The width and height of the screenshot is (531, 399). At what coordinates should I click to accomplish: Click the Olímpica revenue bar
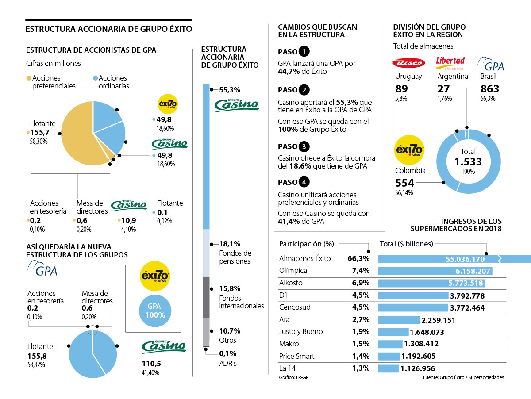(435, 271)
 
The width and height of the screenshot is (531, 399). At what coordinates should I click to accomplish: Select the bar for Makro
(390, 344)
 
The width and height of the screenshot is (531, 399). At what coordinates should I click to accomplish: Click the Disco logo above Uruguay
(408, 63)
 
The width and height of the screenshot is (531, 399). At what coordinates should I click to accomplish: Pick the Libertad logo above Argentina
(450, 61)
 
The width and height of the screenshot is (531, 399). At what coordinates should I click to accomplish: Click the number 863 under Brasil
(489, 88)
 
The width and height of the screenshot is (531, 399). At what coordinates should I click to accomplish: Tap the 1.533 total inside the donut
(468, 162)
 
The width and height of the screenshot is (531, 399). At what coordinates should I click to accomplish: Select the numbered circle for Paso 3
(304, 146)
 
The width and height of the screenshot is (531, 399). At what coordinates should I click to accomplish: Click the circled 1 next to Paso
(304, 52)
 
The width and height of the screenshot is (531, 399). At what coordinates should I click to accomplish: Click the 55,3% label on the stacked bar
(230, 90)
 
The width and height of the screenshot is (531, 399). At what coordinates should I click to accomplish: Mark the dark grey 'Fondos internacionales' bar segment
(206, 297)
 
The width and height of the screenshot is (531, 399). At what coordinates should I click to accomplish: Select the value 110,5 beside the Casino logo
(150, 363)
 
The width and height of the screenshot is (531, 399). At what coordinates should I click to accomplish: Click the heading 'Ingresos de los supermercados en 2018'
(456, 225)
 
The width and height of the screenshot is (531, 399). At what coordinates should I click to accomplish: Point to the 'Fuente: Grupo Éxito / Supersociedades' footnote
(463, 377)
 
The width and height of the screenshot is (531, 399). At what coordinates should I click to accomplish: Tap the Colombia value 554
(404, 183)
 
